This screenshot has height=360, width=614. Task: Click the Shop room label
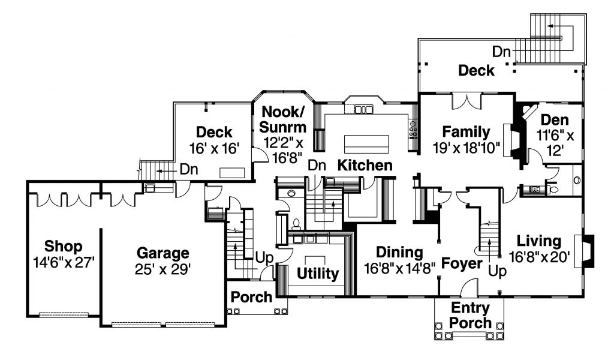63,246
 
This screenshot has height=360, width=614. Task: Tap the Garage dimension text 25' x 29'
163,269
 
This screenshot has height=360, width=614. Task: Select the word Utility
318,274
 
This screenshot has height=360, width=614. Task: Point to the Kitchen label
365,166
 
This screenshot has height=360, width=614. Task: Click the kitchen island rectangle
366,144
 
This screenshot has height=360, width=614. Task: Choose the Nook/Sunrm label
283,119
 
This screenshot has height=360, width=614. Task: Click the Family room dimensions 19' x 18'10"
466,148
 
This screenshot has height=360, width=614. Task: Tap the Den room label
555,119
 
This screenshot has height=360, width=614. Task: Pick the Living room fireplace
584,251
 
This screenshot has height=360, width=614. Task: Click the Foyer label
462,263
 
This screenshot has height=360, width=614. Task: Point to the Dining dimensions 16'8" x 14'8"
400,269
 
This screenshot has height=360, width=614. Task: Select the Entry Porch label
470,316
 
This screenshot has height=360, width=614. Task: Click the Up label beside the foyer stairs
497,271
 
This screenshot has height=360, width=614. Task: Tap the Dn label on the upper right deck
501,52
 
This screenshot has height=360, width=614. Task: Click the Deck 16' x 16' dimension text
214,148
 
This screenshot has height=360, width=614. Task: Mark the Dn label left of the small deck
189,170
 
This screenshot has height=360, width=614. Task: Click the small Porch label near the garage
251,297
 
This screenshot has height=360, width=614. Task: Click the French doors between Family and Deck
466,101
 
